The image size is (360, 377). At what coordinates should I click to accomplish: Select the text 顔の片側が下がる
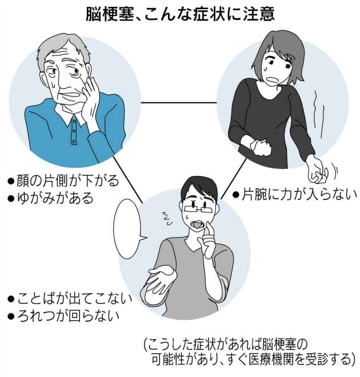point(63,182)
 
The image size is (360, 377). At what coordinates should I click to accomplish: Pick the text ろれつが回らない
point(69,315)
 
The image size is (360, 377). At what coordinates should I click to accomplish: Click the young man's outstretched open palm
point(161,279)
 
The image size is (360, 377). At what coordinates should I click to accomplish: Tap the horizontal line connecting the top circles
point(178,103)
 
